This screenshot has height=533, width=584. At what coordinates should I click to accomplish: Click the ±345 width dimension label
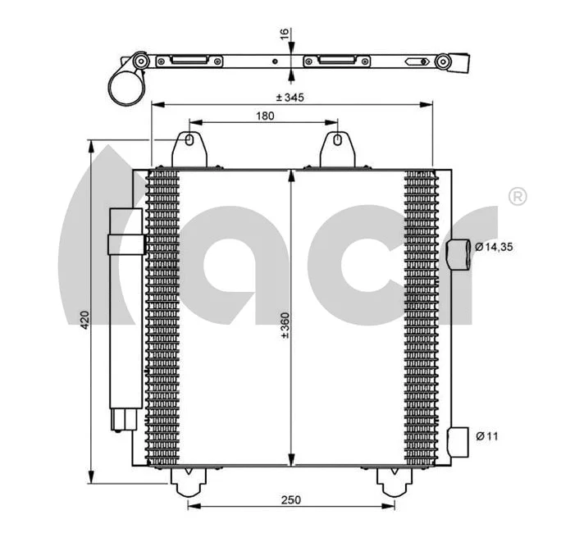pyautogui.click(x=290, y=98)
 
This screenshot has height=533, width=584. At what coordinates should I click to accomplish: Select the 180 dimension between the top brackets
pyautogui.click(x=264, y=116)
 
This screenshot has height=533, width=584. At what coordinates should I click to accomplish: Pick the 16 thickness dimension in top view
pyautogui.click(x=284, y=34)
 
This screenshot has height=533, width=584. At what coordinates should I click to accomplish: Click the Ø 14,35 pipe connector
pyautogui.click(x=459, y=256)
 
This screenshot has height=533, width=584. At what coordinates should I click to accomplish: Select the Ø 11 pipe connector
pyautogui.click(x=459, y=438)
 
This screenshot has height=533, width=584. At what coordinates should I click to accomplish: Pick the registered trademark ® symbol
pyautogui.click(x=518, y=197)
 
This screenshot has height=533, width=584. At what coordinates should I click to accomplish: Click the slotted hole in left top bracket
pyautogui.click(x=190, y=141)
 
